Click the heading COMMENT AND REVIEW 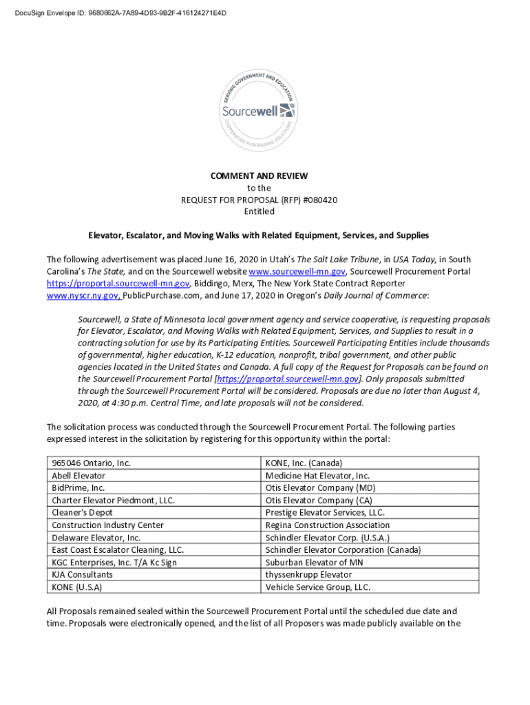[259, 176]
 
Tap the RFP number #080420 [318, 200]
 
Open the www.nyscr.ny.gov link [84, 295]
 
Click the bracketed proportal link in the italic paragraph [288, 379]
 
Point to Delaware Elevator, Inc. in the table [96, 538]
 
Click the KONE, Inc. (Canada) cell [304, 463]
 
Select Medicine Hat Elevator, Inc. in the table [317, 476]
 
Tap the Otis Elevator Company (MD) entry [319, 488]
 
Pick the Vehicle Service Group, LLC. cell [317, 587]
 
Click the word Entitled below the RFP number [259, 211]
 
